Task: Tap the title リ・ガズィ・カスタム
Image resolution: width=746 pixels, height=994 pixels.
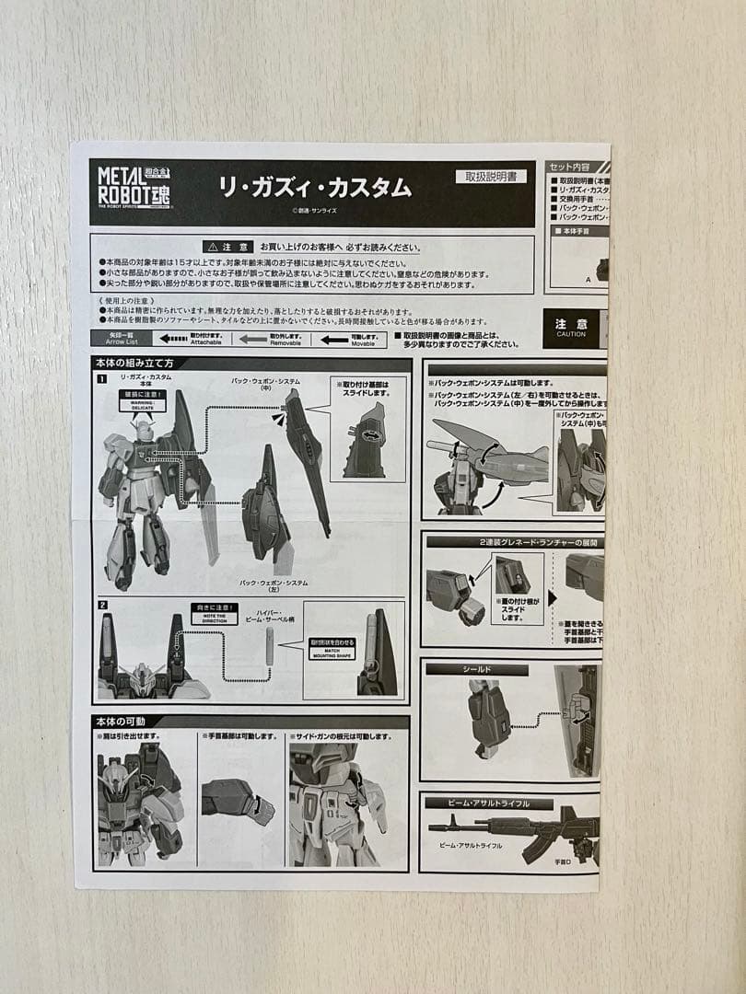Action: click(x=315, y=188)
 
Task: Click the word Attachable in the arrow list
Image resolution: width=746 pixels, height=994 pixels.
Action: click(x=205, y=342)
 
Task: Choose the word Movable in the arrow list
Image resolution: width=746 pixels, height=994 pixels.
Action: click(x=363, y=342)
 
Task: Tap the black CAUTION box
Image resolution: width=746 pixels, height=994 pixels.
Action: click(x=571, y=329)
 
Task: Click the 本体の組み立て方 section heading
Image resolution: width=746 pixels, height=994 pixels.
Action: click(x=134, y=363)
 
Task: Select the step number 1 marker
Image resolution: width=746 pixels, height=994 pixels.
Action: click(x=102, y=379)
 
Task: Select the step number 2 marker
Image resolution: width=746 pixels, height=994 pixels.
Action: click(x=102, y=606)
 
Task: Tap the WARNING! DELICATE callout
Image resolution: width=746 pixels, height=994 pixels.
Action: click(x=143, y=403)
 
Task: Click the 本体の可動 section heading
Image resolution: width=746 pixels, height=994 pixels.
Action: click(x=128, y=721)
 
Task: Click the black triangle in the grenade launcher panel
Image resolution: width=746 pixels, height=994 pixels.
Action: click(x=552, y=597)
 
